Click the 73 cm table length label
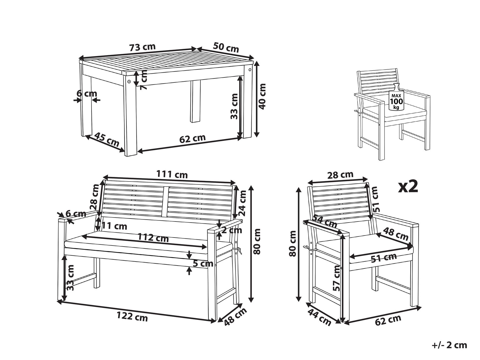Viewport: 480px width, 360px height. pyautogui.click(x=142, y=47)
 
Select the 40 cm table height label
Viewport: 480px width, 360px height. pyautogui.click(x=263, y=96)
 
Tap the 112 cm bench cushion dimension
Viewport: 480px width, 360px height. pyautogui.click(x=153, y=238)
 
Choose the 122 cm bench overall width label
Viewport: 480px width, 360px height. pyautogui.click(x=132, y=317)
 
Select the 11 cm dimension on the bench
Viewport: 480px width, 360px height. pyautogui.click(x=114, y=226)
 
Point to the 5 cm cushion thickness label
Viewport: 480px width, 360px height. pyautogui.click(x=203, y=264)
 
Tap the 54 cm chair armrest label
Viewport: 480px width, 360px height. pyautogui.click(x=325, y=221)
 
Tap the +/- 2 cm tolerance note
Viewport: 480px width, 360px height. pyautogui.click(x=449, y=345)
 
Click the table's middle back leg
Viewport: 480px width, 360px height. pyautogui.click(x=196, y=102)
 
